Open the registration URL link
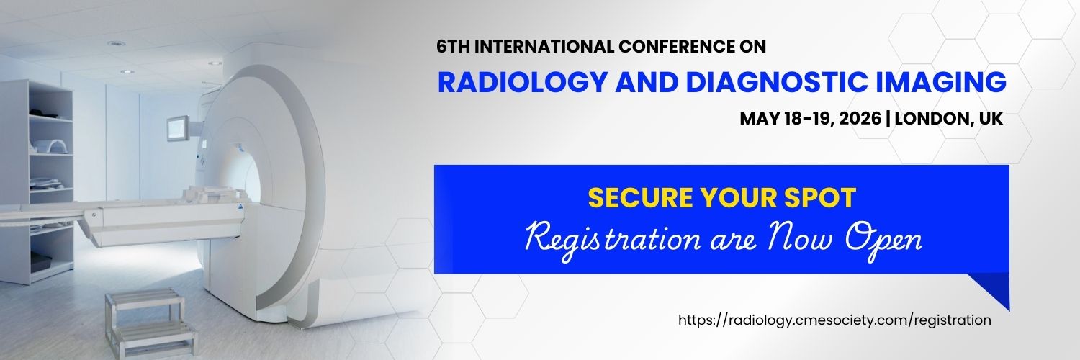[x=834, y=320]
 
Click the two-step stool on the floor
[x=148, y=320]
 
